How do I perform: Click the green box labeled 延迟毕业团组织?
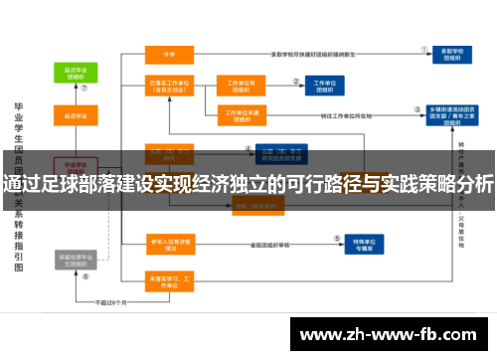[x=75, y=74]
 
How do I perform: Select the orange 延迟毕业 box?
[x=75, y=116]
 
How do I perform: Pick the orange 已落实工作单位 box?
[x=169, y=88]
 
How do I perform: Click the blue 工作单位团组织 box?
[x=324, y=88]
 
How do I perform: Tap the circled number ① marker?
[x=424, y=46]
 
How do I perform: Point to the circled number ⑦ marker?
[x=85, y=88]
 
